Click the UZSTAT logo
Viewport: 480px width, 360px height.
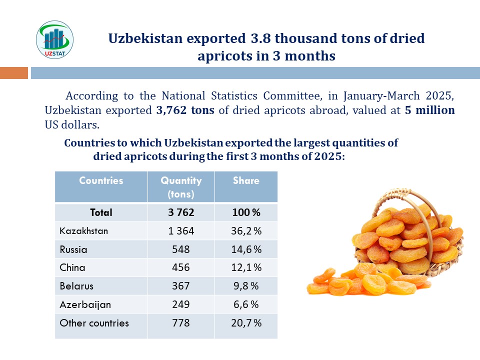pos(55,39)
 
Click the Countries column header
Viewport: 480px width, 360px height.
pos(101,180)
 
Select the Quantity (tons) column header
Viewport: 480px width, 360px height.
pos(181,187)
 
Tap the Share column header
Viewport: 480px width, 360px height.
pos(246,180)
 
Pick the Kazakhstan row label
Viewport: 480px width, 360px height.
pos(83,231)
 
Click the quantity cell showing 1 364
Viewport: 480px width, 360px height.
pos(181,231)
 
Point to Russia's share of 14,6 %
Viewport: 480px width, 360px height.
pos(246,249)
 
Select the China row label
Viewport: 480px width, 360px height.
pos(72,267)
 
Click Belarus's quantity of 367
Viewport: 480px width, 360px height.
pos(181,286)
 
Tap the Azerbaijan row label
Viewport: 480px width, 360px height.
pos(85,304)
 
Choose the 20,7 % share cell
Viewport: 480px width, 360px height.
pos(246,323)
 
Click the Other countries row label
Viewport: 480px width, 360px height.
pos(94,323)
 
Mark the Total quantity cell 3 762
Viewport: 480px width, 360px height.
pos(181,212)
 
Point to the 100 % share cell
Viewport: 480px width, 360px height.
pos(246,212)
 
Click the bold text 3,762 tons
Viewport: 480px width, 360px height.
pos(185,110)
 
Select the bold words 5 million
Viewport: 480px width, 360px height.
pos(429,110)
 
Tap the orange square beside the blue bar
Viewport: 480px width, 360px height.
pos(13,73)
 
